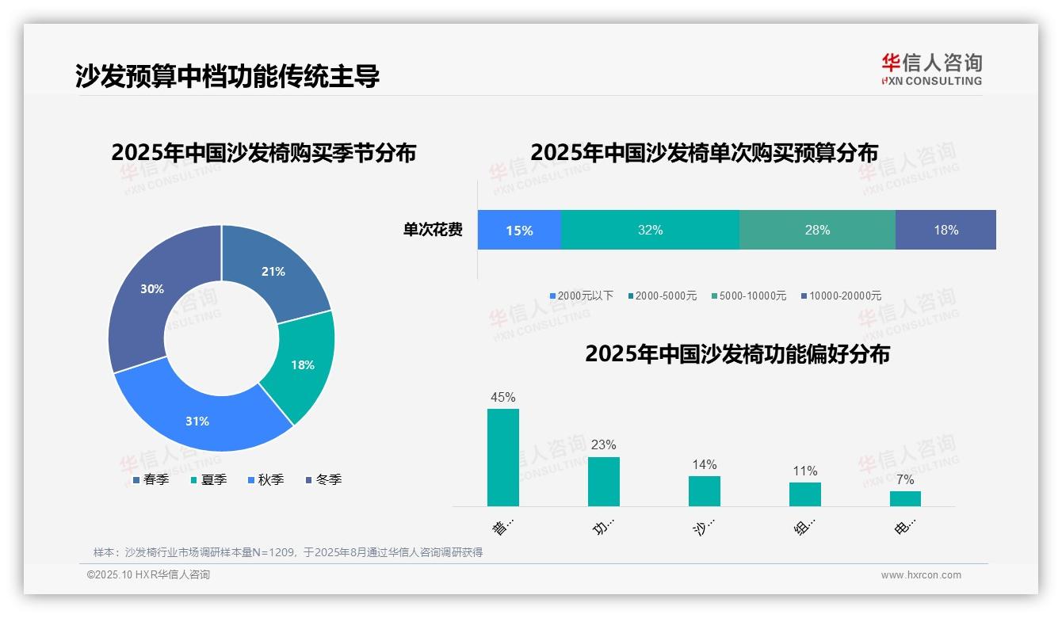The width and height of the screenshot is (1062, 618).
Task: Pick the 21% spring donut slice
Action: (x=273, y=269)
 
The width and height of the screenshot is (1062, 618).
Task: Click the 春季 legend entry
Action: (x=151, y=479)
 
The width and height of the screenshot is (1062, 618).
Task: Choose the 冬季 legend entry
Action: (x=323, y=479)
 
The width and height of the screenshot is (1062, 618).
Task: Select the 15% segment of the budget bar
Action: (x=519, y=230)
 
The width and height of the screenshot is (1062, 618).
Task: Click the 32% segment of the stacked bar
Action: (x=650, y=230)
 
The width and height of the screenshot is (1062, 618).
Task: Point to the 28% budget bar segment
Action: (x=817, y=230)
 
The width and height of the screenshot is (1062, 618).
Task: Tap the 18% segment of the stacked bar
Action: (x=945, y=230)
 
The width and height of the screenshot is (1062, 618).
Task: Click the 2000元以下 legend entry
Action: (x=582, y=296)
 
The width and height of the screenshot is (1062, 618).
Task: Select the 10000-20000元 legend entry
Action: (x=841, y=296)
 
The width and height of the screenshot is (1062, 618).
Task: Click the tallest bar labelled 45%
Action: (x=503, y=457)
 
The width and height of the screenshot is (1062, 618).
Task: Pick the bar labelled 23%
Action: (x=604, y=481)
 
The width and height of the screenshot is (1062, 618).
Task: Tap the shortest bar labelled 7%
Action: (x=905, y=498)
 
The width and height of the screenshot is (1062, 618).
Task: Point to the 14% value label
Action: (x=704, y=464)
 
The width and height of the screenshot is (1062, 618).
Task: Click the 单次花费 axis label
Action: (x=433, y=230)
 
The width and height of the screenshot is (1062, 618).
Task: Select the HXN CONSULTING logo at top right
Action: (x=931, y=69)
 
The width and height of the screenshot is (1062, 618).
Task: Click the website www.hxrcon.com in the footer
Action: (x=921, y=575)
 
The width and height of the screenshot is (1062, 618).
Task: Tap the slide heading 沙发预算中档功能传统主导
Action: (x=227, y=75)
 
